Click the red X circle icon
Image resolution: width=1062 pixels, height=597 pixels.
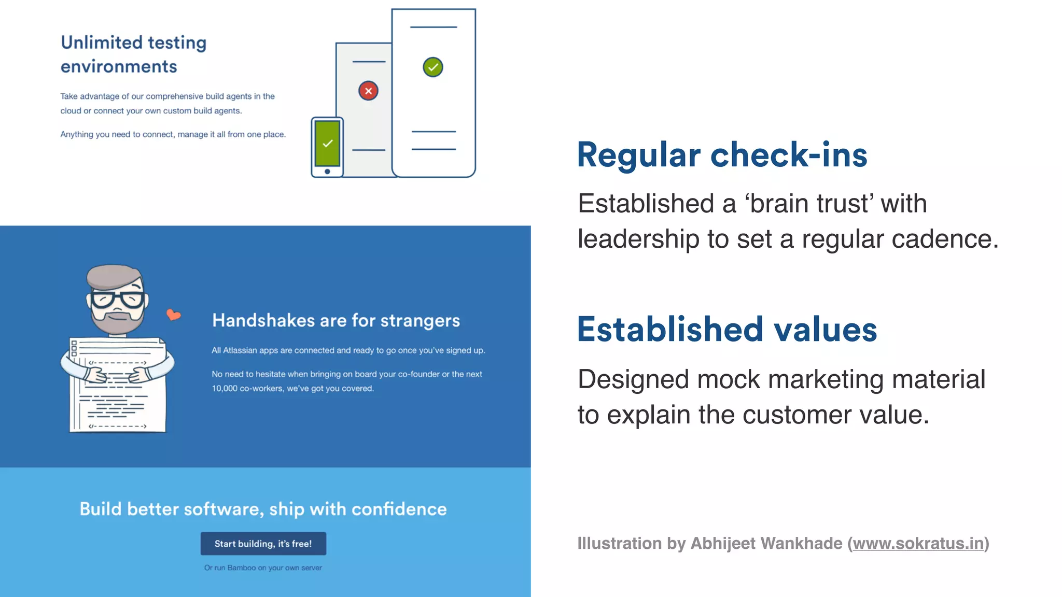(368, 91)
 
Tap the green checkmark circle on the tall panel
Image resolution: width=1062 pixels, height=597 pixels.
(433, 67)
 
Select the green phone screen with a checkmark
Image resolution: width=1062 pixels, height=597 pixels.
(327, 143)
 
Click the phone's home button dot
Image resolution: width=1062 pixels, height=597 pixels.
(327, 172)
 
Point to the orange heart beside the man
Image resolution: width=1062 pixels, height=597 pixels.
(173, 314)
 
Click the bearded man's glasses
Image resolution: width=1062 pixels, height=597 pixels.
(117, 300)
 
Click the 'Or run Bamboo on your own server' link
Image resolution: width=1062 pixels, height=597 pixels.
(263, 568)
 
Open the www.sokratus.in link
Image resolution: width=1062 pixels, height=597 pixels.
(918, 543)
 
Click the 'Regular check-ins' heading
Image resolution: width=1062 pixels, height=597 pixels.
(722, 155)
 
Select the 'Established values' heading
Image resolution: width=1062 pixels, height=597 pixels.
(727, 330)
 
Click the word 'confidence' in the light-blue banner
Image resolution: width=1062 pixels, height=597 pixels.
(399, 509)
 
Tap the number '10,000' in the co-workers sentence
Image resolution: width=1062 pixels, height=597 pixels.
(224, 389)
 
